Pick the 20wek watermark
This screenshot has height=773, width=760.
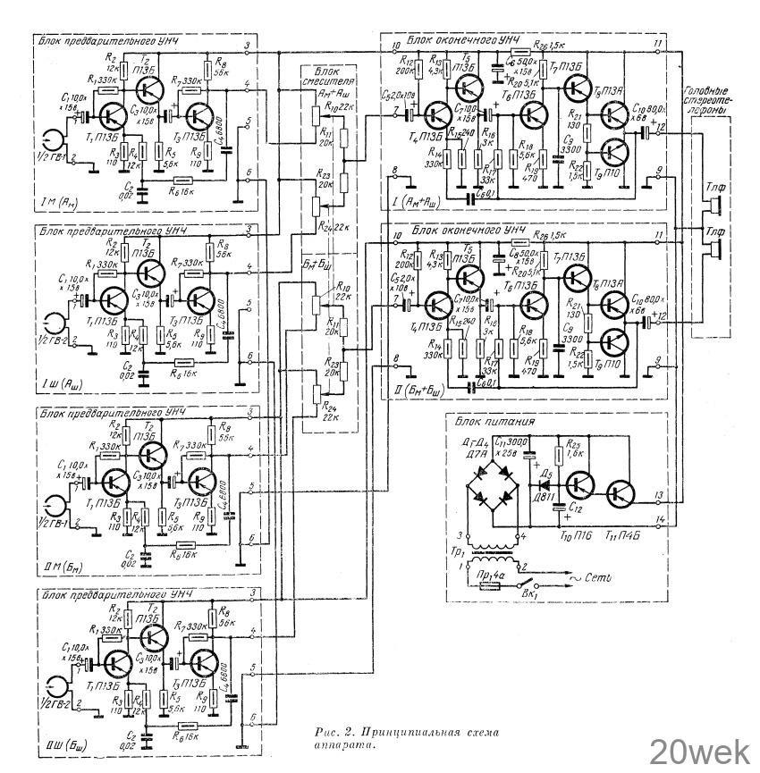[699, 751]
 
